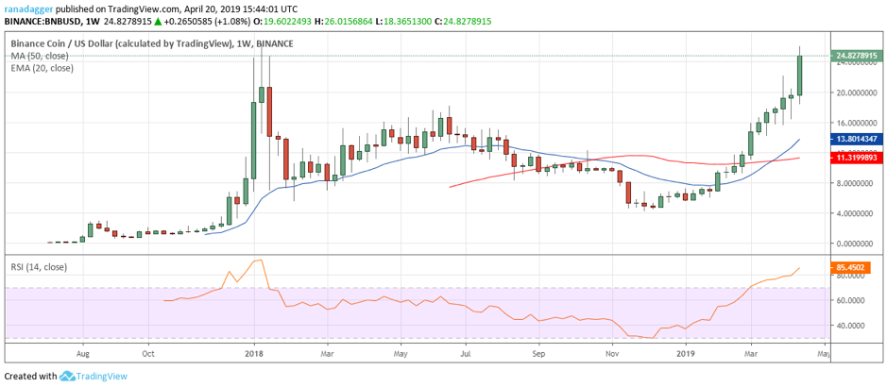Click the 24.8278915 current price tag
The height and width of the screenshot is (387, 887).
coord(856,56)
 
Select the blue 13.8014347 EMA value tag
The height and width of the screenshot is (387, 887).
coord(856,139)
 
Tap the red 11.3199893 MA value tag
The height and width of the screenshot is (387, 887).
coord(856,158)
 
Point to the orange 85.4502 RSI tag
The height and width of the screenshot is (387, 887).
coord(852,268)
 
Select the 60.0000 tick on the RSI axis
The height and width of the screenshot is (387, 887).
coord(850,300)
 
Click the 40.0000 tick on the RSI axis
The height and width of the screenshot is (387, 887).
coord(850,326)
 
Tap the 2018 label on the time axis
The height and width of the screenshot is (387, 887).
coord(252,354)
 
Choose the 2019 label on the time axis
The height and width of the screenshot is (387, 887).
coord(686,354)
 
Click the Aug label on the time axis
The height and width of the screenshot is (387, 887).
coord(83,354)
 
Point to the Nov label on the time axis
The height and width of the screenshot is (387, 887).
coord(612,354)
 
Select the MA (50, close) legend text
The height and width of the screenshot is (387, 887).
coord(41,56)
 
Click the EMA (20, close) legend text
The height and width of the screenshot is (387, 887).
coord(43,68)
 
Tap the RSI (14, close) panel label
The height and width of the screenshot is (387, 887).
coord(39,267)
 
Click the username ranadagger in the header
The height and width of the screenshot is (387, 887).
coord(30,8)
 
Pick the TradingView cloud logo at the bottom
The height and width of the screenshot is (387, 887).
coord(67,376)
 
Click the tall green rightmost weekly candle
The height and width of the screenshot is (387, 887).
coord(799,75)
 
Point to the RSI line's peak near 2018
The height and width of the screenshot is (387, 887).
coord(258,261)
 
